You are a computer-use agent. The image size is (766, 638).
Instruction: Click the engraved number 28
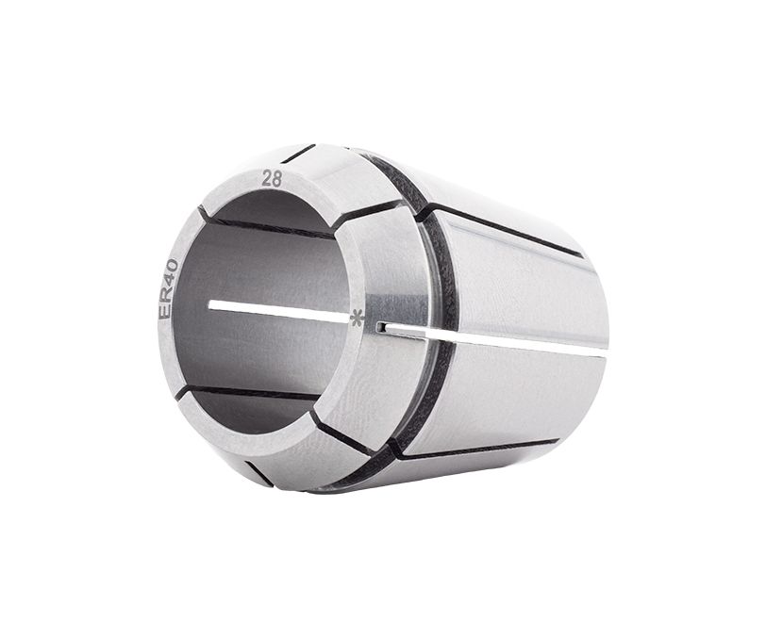(272, 179)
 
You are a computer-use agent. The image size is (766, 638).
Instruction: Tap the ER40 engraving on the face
(169, 289)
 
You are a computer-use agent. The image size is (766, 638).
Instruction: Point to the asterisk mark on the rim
(358, 318)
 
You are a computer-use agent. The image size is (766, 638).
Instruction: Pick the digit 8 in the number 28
(277, 178)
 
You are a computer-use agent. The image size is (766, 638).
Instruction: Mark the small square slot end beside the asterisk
(380, 327)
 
